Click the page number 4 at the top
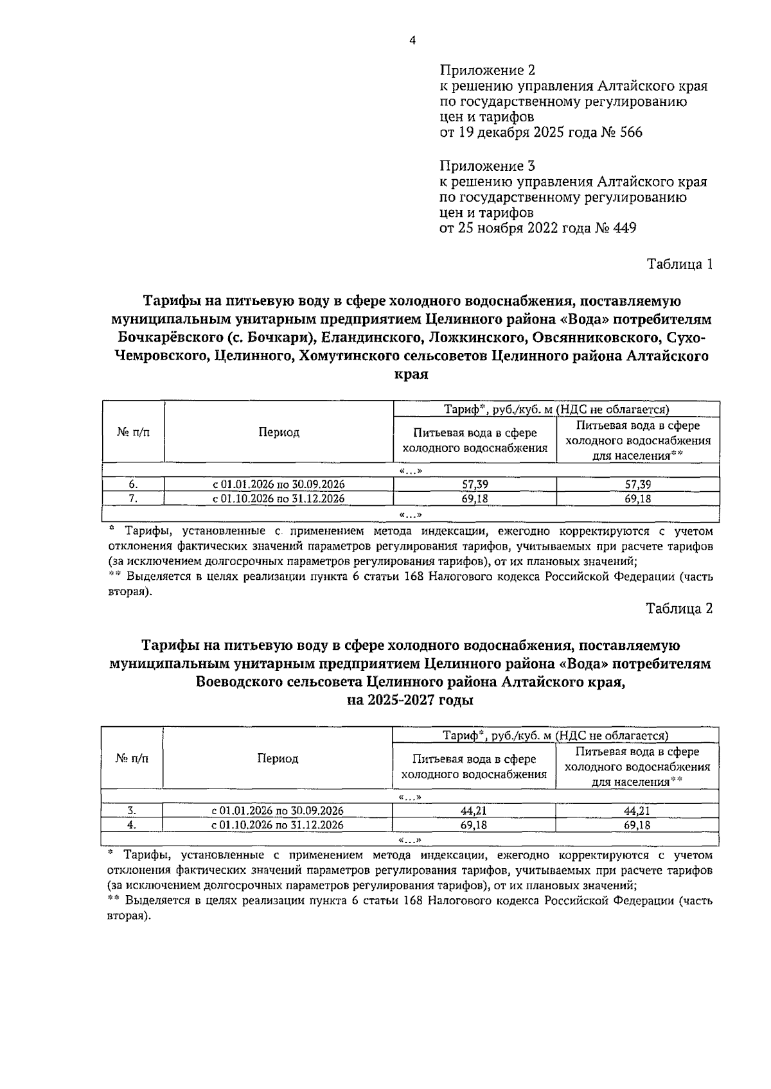pos(412,40)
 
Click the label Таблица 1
pos(680,265)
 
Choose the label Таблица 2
pos(680,608)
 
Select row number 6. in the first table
pos(133,485)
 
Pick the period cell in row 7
pos(278,499)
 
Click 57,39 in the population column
pos(637,485)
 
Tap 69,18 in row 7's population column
pos(637,499)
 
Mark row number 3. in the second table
pos(132,811)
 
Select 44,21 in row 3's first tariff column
pos(474,811)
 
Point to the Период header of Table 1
pos(279,432)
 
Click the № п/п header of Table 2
pos(132,759)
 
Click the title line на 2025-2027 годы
pos(410,701)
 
